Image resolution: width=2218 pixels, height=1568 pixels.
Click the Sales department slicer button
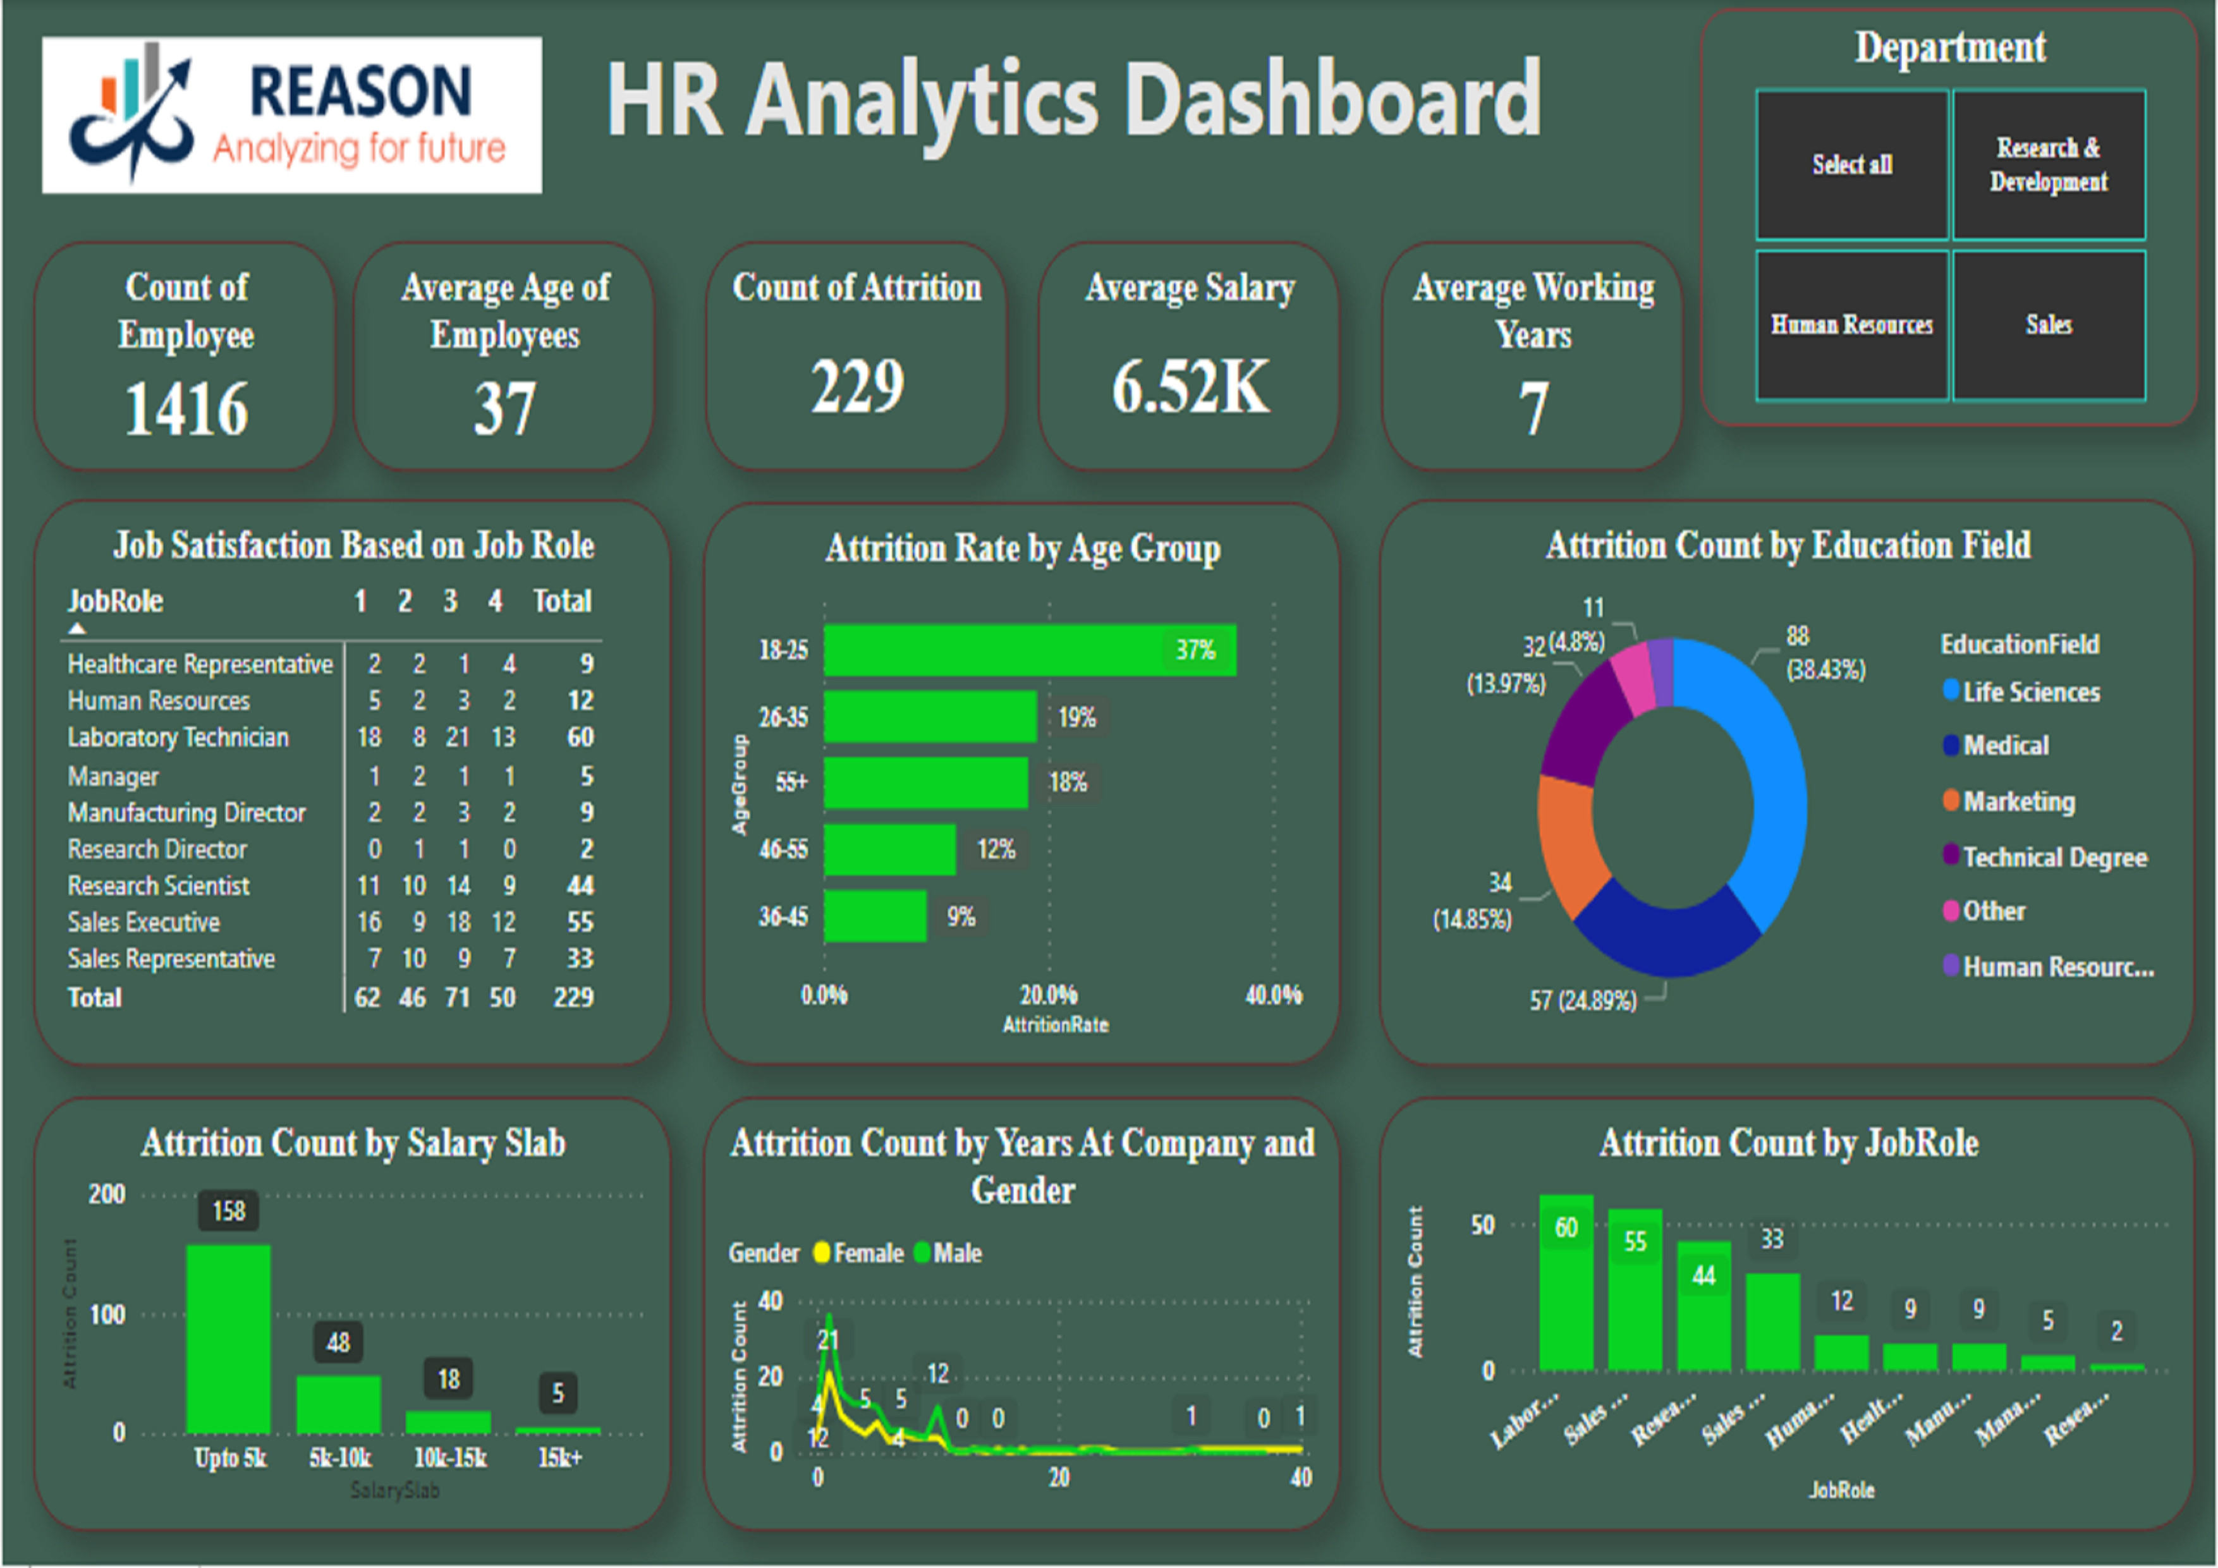[2048, 325]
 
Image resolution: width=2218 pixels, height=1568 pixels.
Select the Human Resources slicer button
[1851, 325]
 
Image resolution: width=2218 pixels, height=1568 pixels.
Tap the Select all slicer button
[1851, 164]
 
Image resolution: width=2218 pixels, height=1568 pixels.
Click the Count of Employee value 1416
[186, 409]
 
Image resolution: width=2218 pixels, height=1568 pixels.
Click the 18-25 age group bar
[1029, 649]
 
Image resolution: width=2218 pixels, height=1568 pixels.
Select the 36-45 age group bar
[874, 916]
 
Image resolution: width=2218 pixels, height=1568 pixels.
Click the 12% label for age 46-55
[996, 849]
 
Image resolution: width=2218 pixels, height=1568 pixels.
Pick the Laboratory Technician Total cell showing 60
[580, 737]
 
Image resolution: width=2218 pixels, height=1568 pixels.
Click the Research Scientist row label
[159, 886]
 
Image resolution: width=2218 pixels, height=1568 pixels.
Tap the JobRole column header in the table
[115, 601]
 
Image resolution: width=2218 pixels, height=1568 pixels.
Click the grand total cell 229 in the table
[573, 997]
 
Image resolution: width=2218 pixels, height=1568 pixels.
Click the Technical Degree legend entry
[2054, 858]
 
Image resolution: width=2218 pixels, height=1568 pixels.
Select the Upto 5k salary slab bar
[228, 1338]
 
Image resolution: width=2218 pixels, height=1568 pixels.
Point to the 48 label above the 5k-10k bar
[338, 1342]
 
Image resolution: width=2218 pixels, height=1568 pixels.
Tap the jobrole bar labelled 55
[1635, 1290]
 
